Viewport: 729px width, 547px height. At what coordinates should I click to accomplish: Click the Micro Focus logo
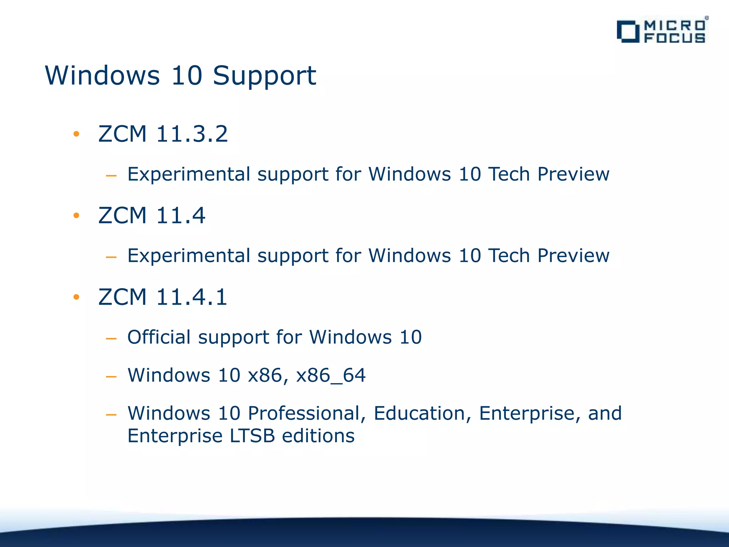click(662, 31)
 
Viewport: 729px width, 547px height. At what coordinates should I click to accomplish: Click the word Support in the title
click(264, 76)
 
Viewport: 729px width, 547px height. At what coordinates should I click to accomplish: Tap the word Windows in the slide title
click(103, 76)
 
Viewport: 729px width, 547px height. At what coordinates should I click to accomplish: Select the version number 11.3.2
click(192, 134)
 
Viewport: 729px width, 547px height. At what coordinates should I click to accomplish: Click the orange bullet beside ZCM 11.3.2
click(76, 134)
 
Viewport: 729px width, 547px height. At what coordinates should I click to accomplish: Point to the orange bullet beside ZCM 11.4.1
click(76, 297)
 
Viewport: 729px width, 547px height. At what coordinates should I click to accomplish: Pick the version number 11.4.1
click(192, 297)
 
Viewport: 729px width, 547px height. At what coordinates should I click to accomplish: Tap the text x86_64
click(331, 375)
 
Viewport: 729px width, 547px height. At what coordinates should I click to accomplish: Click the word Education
click(423, 413)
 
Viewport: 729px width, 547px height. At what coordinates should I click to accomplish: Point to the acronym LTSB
click(252, 436)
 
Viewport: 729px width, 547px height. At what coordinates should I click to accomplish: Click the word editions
click(318, 436)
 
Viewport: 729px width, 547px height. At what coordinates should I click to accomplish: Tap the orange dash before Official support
click(111, 338)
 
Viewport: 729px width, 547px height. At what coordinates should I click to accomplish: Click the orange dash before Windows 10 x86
click(111, 376)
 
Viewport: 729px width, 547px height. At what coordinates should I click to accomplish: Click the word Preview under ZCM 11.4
click(573, 256)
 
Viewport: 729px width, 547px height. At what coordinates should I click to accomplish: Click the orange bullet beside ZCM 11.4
click(76, 215)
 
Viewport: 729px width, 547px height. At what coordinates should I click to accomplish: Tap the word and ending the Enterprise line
click(605, 413)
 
